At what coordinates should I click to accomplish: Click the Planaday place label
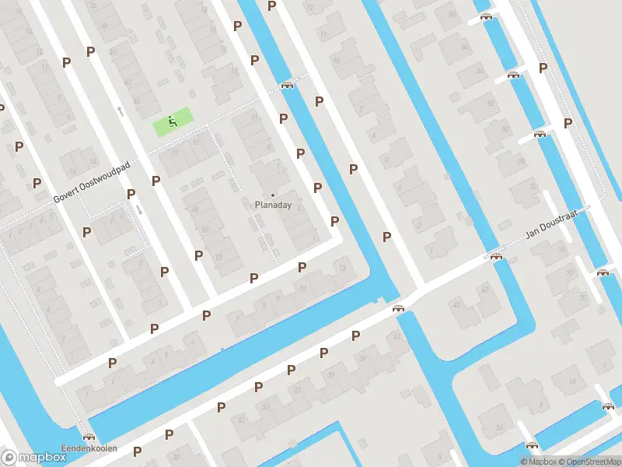[x=272, y=205]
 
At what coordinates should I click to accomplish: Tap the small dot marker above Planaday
[x=272, y=195]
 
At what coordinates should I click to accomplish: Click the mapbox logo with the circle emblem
[x=34, y=457]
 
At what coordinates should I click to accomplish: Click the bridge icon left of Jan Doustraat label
[x=496, y=256]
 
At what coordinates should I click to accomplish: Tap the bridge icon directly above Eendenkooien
[x=89, y=437]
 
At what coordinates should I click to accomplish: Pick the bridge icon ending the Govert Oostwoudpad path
[x=288, y=85]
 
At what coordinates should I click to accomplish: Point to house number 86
[x=466, y=47]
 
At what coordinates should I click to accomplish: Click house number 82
[x=491, y=104]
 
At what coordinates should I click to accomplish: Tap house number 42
[x=457, y=304]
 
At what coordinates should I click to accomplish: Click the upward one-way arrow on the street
[x=121, y=111]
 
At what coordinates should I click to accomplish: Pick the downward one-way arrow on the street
[x=138, y=209]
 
